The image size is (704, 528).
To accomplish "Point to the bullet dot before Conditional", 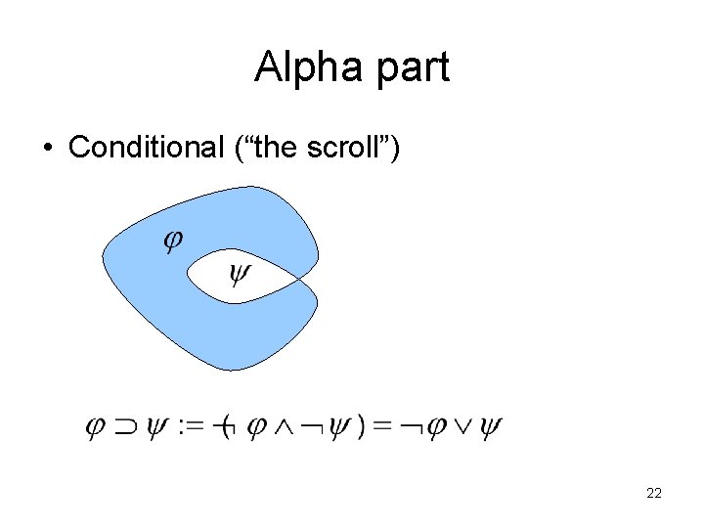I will (47, 149).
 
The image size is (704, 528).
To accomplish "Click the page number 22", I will (654, 494).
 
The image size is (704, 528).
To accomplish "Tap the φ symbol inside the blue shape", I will (172, 240).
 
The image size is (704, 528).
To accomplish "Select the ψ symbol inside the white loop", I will (239, 274).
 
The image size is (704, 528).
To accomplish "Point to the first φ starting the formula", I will (95, 426).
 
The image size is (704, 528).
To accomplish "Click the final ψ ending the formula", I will (490, 426).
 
